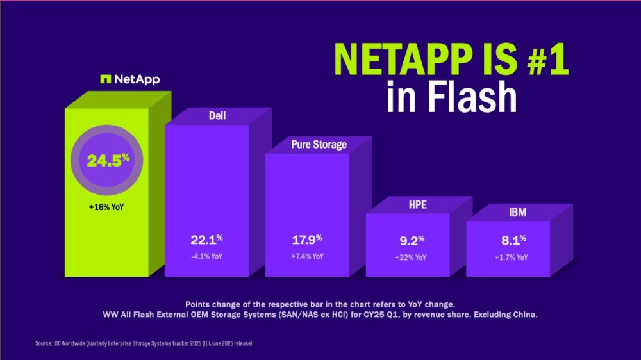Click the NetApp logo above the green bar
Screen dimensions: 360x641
coord(130,79)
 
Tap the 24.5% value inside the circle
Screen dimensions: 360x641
coord(108,160)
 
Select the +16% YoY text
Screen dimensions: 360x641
coord(108,208)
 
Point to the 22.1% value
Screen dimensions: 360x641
coord(206,240)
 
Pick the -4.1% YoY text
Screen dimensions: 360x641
coord(206,256)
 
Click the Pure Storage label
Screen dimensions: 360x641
coord(319,144)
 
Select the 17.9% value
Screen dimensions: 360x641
coord(306,240)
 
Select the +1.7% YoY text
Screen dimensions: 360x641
coord(510,258)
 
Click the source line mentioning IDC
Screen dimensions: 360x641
coord(144,344)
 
